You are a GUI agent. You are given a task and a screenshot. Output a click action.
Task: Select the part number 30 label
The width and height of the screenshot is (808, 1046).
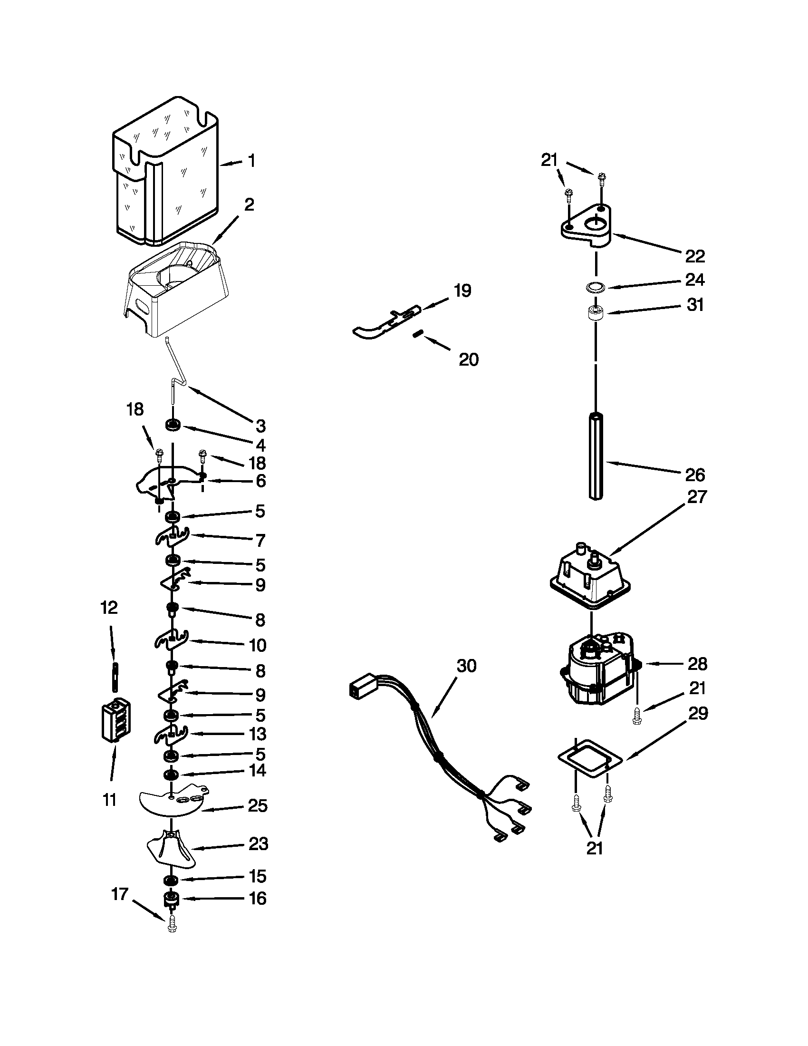tap(466, 666)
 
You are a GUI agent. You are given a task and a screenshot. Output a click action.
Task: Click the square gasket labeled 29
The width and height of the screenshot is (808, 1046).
tap(591, 758)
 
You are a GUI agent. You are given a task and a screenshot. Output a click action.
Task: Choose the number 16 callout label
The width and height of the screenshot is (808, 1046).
tap(258, 898)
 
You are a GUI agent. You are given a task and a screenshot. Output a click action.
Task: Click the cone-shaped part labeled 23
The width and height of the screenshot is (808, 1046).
tap(172, 850)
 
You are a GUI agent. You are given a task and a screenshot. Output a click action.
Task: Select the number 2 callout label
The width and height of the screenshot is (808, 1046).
tap(249, 204)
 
